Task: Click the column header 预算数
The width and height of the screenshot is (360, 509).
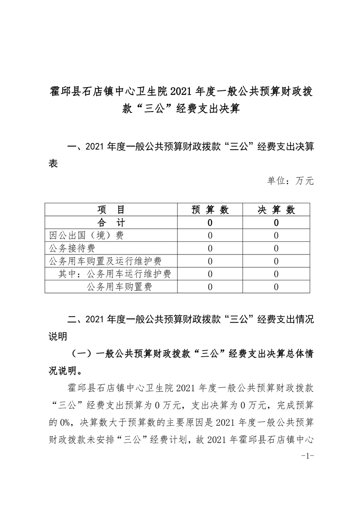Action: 210,210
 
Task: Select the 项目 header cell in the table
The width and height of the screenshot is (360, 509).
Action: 111,210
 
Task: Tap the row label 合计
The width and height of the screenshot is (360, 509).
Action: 111,223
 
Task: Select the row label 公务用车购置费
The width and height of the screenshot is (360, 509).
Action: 119,286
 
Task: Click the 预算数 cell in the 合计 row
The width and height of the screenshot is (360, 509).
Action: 210,223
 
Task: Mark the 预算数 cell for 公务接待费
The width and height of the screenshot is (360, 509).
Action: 210,248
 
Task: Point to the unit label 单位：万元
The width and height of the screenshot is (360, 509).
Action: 291,181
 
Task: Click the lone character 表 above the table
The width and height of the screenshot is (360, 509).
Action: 53,164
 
